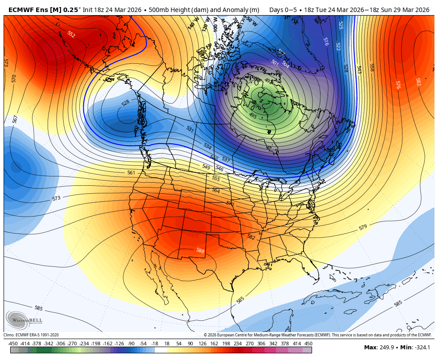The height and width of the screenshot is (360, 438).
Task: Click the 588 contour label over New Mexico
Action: [200, 251]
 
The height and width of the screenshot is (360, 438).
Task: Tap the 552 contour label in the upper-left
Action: [71, 34]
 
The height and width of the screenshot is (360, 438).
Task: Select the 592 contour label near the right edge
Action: [418, 82]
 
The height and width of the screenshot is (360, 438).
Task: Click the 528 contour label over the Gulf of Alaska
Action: [126, 103]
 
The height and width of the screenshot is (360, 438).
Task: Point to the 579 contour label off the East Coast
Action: [363, 228]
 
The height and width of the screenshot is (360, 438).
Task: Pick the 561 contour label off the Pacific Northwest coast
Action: [131, 172]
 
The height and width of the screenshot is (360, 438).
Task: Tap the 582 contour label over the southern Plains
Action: [251, 237]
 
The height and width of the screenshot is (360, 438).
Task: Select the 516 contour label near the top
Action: [326, 41]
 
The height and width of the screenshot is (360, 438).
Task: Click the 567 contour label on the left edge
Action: [15, 119]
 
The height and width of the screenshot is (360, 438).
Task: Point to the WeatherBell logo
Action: [24, 320]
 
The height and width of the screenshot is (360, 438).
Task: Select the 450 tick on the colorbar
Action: [308, 344]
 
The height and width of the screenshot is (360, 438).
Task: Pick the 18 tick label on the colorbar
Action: [166, 344]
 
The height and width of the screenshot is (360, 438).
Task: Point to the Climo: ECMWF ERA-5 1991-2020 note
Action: [31, 335]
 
